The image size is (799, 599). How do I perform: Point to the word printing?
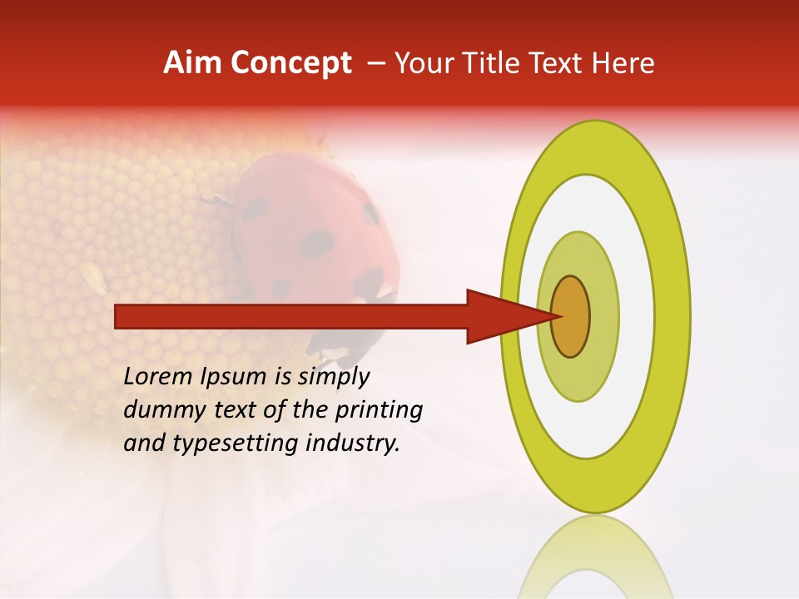point(379,411)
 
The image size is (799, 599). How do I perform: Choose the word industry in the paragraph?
point(353,443)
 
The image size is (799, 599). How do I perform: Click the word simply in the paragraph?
point(333,378)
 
